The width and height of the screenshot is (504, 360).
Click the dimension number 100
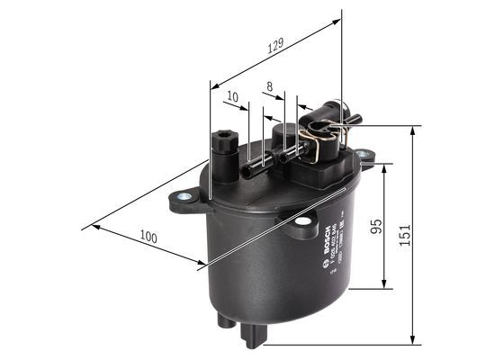(149, 237)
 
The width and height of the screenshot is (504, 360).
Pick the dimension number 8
(268, 87)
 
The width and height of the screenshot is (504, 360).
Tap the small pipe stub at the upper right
(355, 118)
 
